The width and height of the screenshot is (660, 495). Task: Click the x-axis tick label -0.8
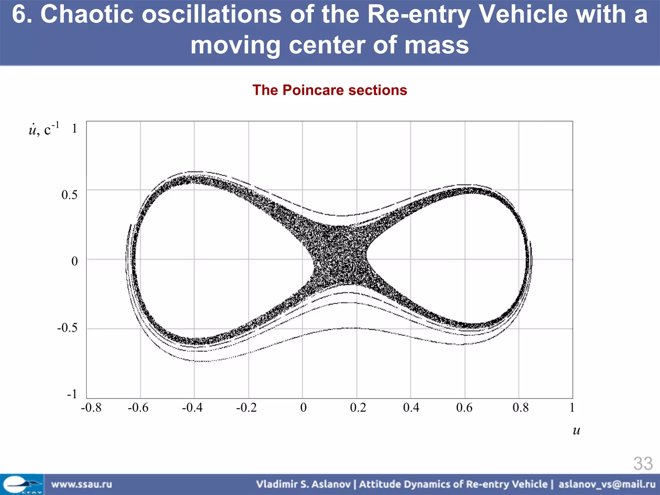(91, 408)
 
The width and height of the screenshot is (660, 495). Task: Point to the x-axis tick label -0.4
(192, 408)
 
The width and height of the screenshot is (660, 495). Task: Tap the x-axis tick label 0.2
(358, 408)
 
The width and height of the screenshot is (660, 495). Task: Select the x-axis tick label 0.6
(464, 408)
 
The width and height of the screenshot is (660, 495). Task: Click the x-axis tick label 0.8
(520, 408)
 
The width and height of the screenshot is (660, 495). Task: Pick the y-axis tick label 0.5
(69, 195)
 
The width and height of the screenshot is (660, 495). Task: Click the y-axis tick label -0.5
(67, 328)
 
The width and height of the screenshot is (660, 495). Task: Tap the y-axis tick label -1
(72, 394)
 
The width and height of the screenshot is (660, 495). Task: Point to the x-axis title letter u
(576, 431)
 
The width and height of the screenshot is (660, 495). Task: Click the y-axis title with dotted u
(44, 130)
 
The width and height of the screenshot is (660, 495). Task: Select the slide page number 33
(643, 464)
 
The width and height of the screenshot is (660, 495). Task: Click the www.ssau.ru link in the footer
(82, 484)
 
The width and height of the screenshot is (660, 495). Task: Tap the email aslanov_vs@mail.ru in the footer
(607, 484)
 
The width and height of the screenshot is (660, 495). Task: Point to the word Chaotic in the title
(87, 15)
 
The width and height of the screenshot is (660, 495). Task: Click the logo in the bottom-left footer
(22, 484)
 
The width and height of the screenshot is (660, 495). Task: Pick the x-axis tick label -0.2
(247, 408)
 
